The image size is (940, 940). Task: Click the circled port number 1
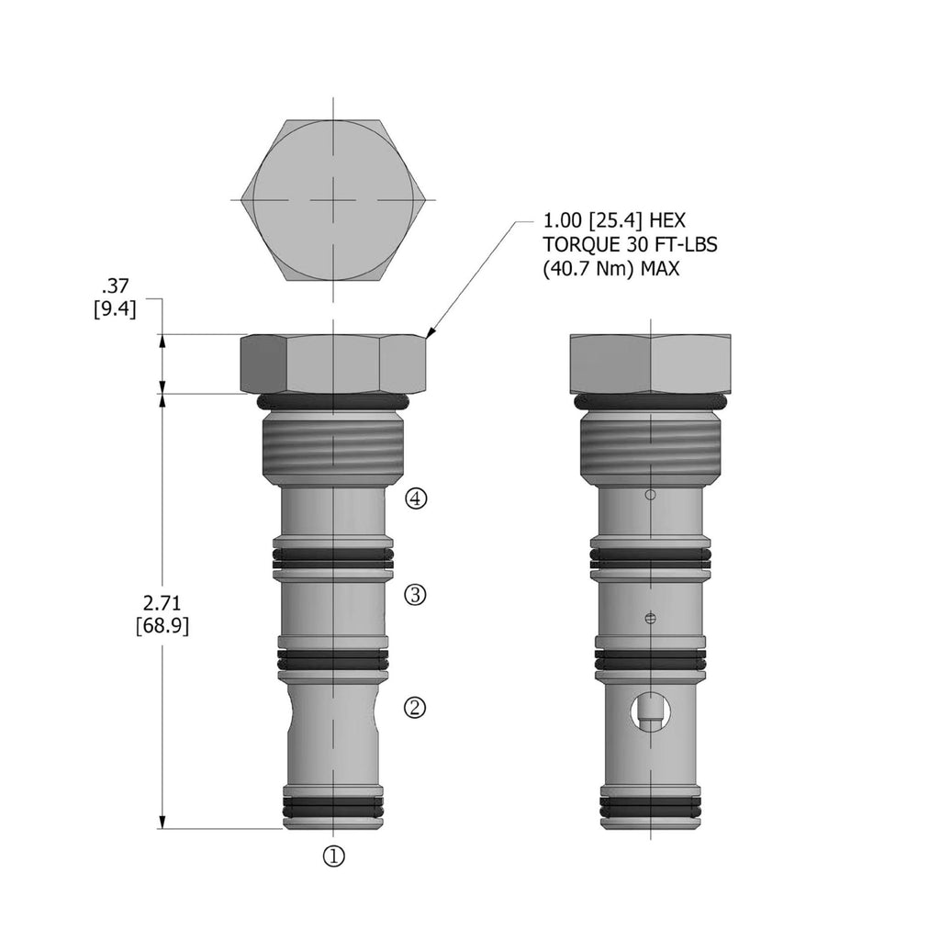pos(334,856)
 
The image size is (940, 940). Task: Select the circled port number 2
pos(416,708)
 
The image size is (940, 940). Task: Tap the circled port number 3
pos(416,595)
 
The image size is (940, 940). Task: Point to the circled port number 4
pos(416,498)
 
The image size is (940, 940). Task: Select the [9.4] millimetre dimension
pos(115,310)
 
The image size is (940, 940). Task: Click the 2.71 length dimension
pos(162,602)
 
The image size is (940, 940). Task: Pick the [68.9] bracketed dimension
pos(162,626)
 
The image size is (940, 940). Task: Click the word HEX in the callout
pos(666,220)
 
